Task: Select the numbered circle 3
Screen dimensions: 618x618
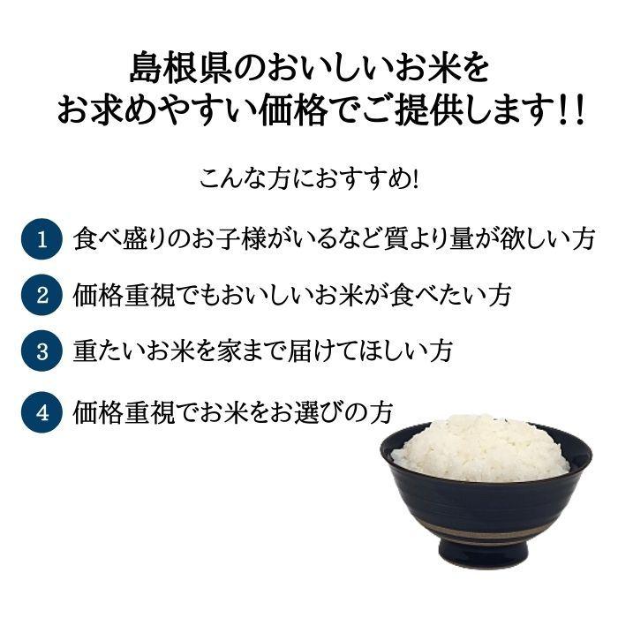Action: (x=41, y=350)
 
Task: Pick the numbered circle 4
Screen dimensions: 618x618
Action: (x=41, y=411)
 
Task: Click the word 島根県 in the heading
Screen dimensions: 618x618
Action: (x=174, y=68)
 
